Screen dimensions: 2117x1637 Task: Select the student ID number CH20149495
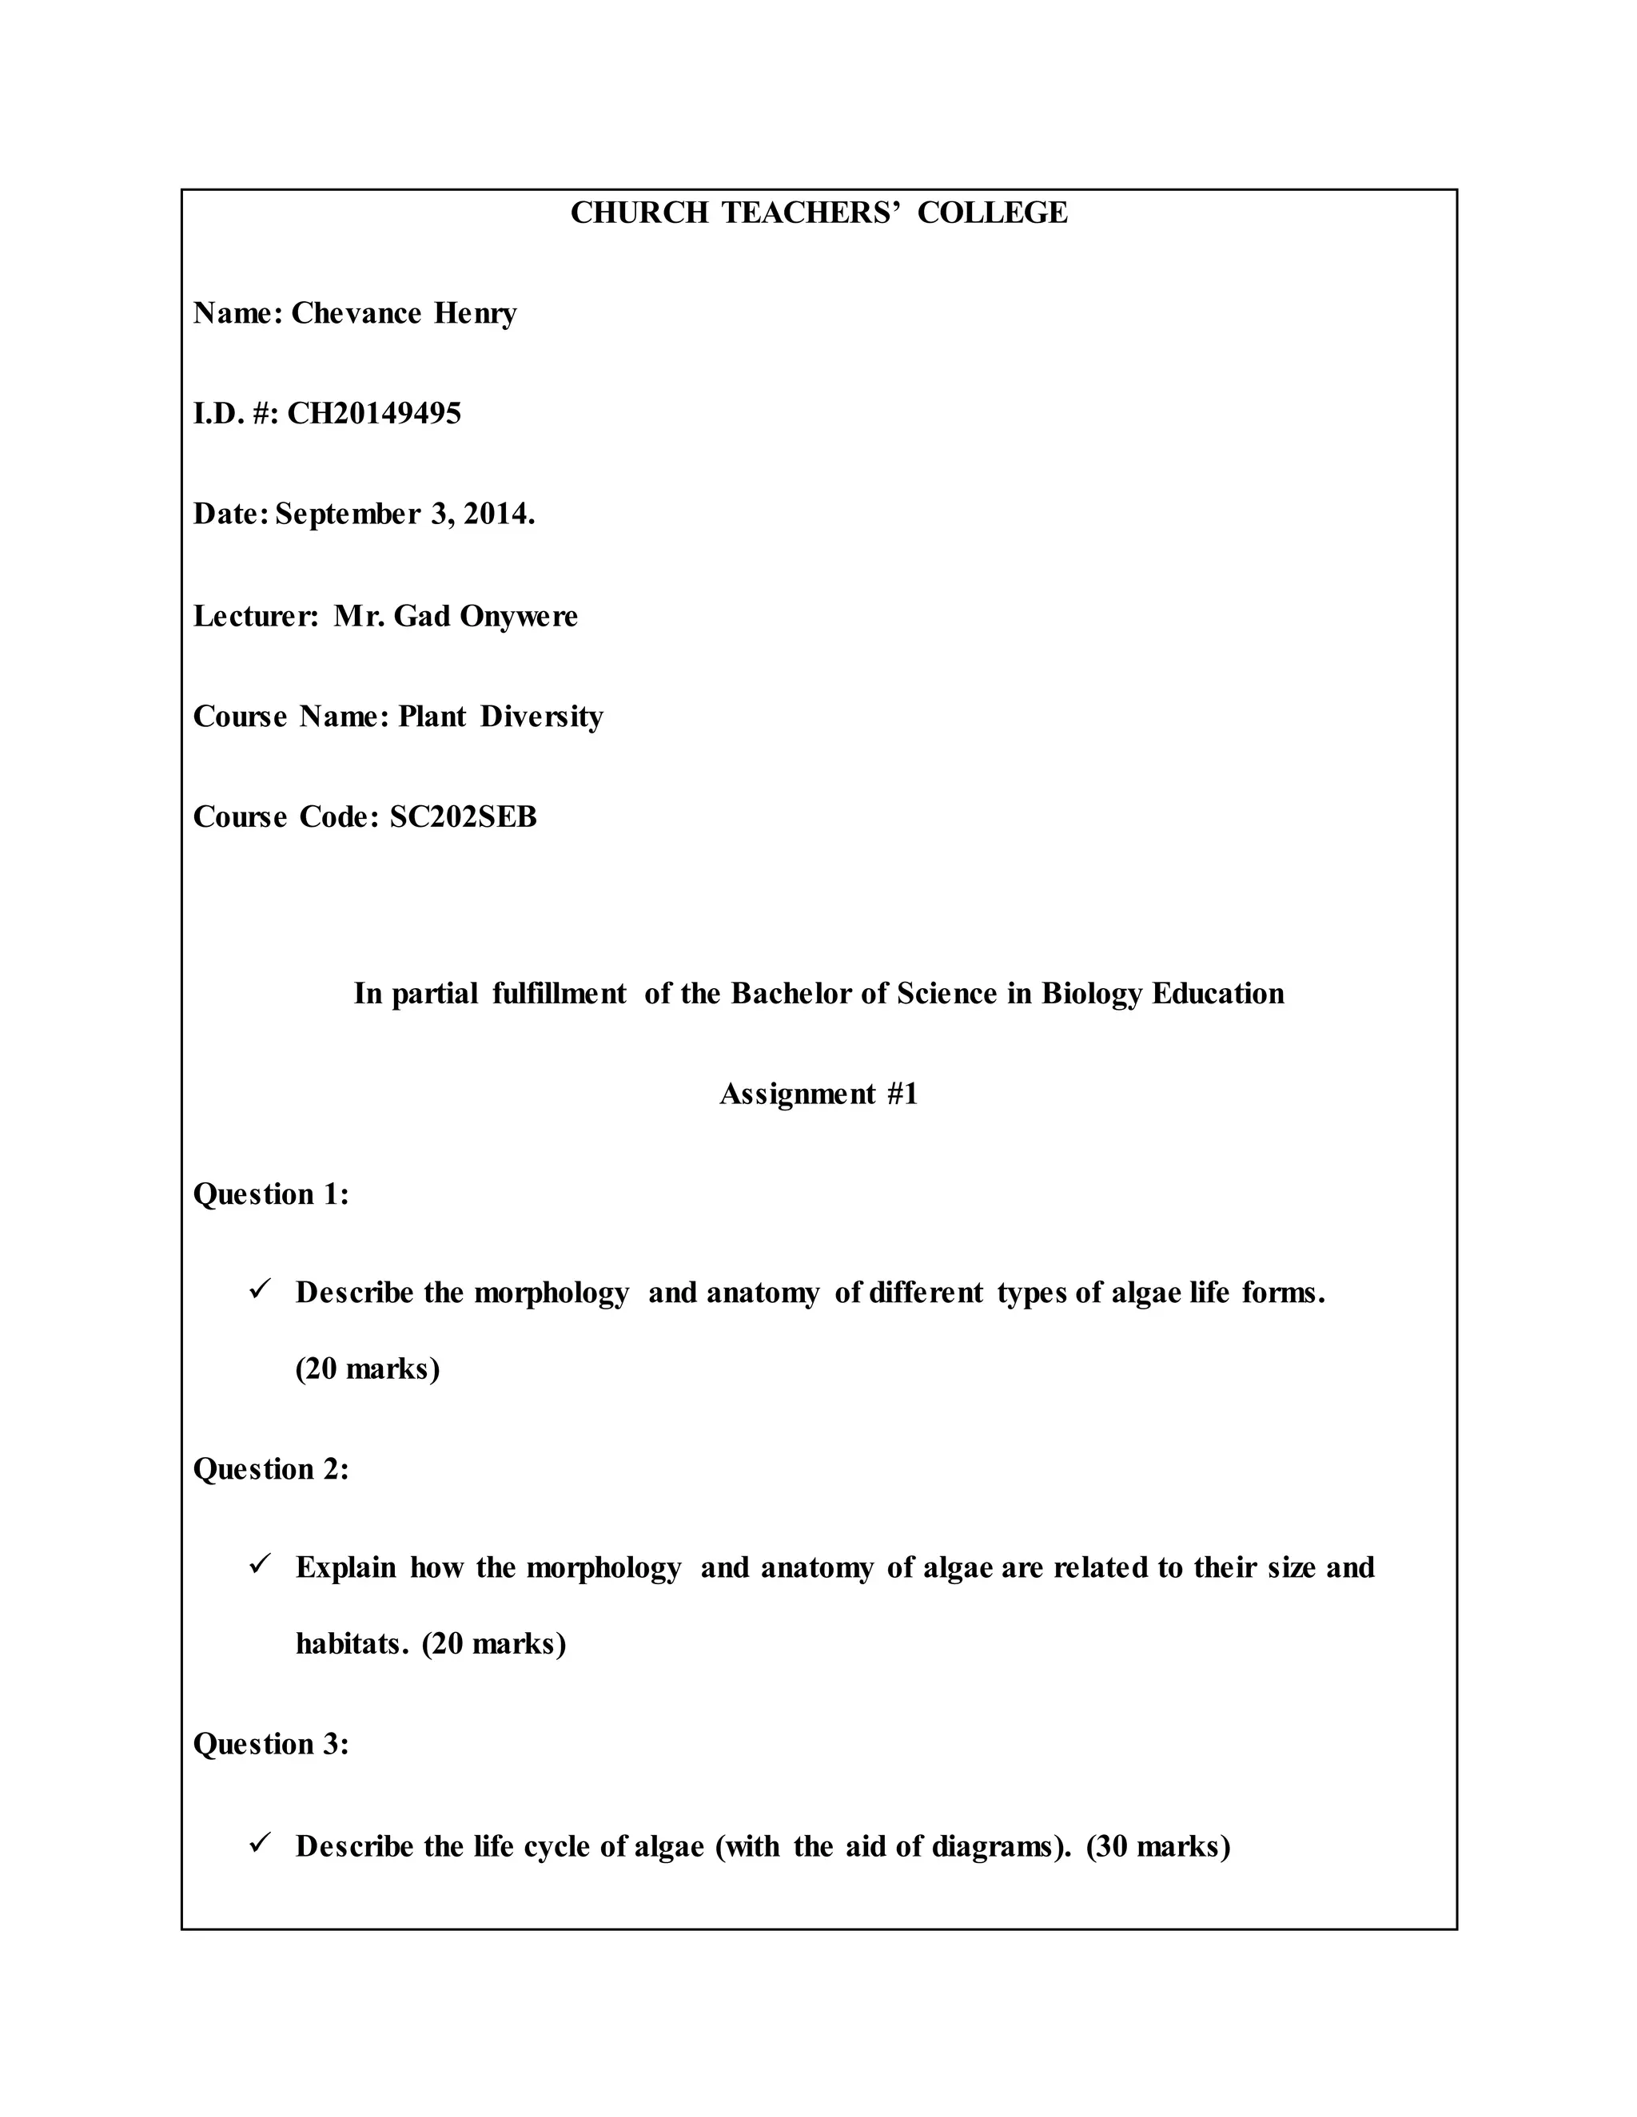[374, 414]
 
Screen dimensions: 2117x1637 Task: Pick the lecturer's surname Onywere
[518, 617]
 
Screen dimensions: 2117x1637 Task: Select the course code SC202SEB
[463, 817]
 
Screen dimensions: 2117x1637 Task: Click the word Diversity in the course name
[541, 717]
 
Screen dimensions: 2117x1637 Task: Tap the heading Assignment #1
[818, 1094]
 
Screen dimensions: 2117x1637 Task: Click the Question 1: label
[271, 1194]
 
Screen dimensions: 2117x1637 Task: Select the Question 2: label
[271, 1469]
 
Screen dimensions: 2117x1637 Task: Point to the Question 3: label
[271, 1745]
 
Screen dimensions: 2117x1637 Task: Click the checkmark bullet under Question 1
[259, 1290]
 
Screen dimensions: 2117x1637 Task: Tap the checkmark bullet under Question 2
[259, 1564]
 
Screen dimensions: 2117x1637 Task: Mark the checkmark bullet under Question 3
[259, 1844]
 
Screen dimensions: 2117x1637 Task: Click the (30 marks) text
[1158, 1846]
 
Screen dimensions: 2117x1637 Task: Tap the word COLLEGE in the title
[992, 212]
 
